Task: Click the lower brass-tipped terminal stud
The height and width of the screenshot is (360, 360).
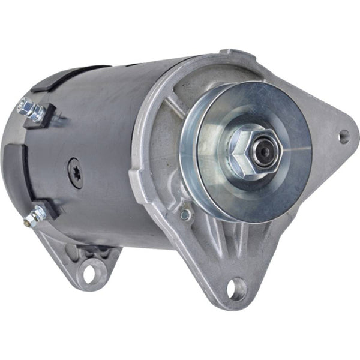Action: point(37,213)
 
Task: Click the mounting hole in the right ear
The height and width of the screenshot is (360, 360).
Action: point(343,137)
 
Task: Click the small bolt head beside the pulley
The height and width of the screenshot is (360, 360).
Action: point(187,214)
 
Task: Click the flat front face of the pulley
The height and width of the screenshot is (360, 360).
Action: point(282,180)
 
